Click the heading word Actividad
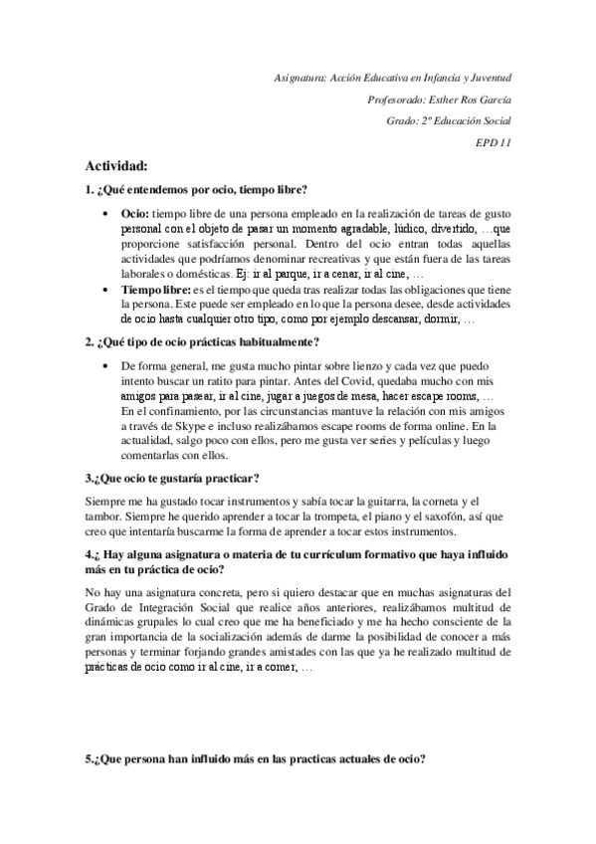tap(116, 165)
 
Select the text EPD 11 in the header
tap(494, 141)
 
